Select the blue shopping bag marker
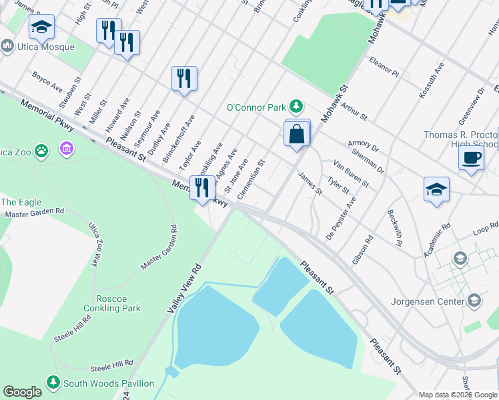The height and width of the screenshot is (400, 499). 297,134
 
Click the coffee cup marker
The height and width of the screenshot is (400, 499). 471,157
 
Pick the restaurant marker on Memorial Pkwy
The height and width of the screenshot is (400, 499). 202,187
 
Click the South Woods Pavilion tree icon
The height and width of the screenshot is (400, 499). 53,383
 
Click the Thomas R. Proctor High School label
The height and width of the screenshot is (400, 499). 460,139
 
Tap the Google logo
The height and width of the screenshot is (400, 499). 22,392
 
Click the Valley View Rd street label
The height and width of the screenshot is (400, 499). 179,289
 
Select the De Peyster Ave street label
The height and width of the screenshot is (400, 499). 340,218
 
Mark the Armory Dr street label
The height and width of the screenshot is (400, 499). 363,146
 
